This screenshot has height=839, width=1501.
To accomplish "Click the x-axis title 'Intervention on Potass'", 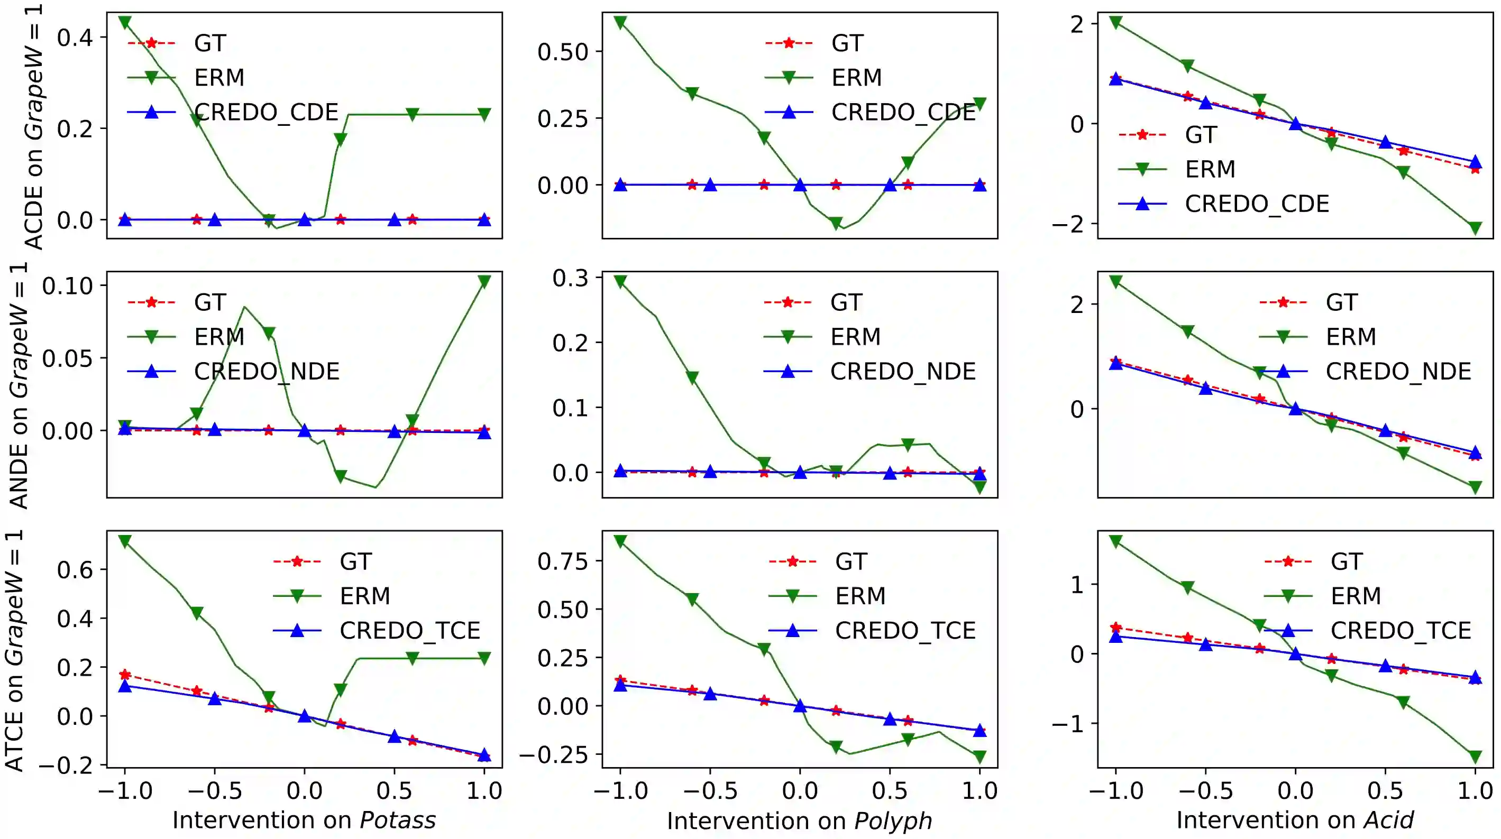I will point(304,820).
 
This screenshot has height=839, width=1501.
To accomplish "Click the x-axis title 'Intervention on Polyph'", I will point(800,820).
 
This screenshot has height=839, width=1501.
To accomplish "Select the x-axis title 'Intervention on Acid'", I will point(1295,820).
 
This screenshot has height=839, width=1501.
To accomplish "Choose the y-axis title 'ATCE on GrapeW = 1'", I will point(15,650).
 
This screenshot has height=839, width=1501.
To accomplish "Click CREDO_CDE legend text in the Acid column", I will point(1257,204).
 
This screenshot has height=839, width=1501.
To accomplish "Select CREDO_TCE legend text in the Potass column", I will point(410,630).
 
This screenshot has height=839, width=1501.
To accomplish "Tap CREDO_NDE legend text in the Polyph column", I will point(903,371).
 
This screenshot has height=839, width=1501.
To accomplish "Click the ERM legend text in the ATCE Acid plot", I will point(1356,596).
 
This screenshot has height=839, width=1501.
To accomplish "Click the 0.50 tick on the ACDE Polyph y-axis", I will point(562,52).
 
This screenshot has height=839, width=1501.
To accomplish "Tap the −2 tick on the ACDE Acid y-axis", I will point(1067,224).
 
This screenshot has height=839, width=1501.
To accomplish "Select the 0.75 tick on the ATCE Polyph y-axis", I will point(562,561).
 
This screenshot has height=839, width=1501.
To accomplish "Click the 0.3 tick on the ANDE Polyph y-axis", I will point(570,278).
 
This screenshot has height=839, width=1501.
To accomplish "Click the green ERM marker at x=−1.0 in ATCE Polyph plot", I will point(620,541).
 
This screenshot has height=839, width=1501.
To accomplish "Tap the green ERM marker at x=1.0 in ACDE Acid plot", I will point(1475,228).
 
